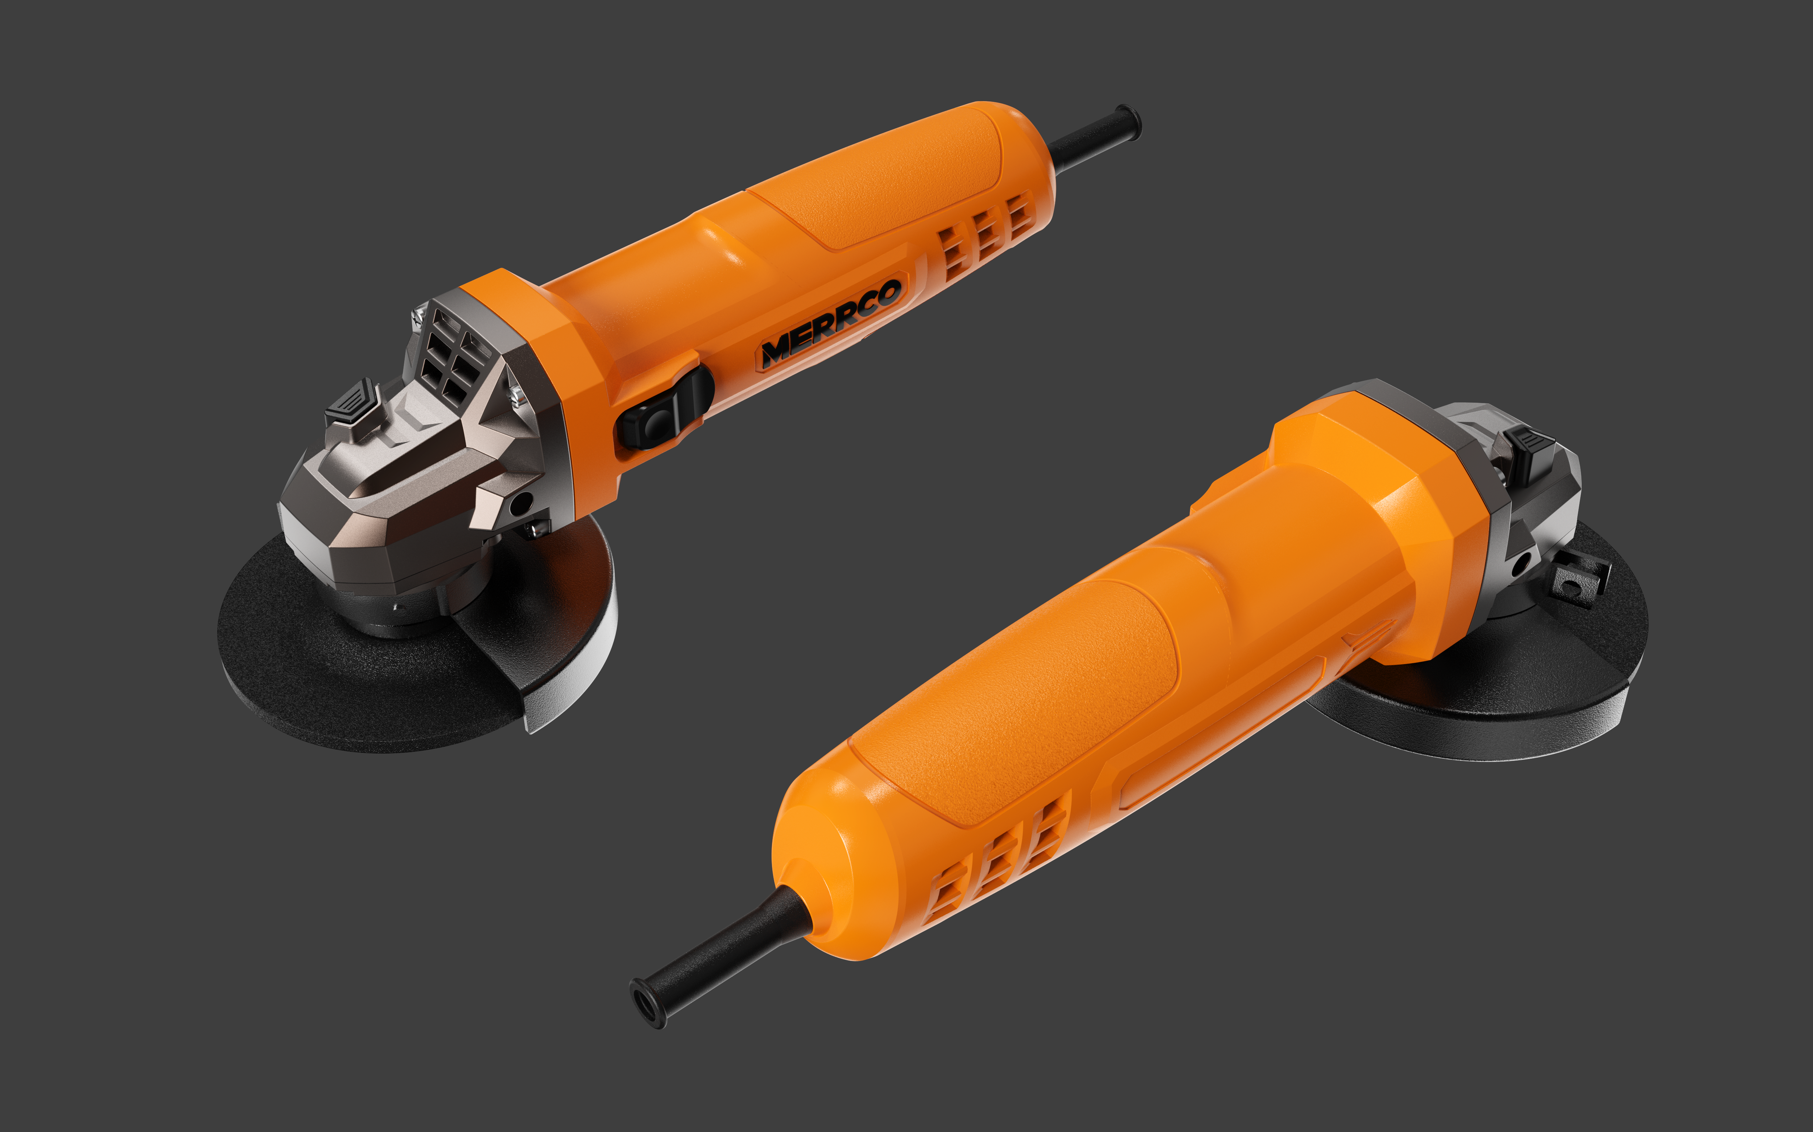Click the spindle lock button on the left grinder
(x=351, y=402)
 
